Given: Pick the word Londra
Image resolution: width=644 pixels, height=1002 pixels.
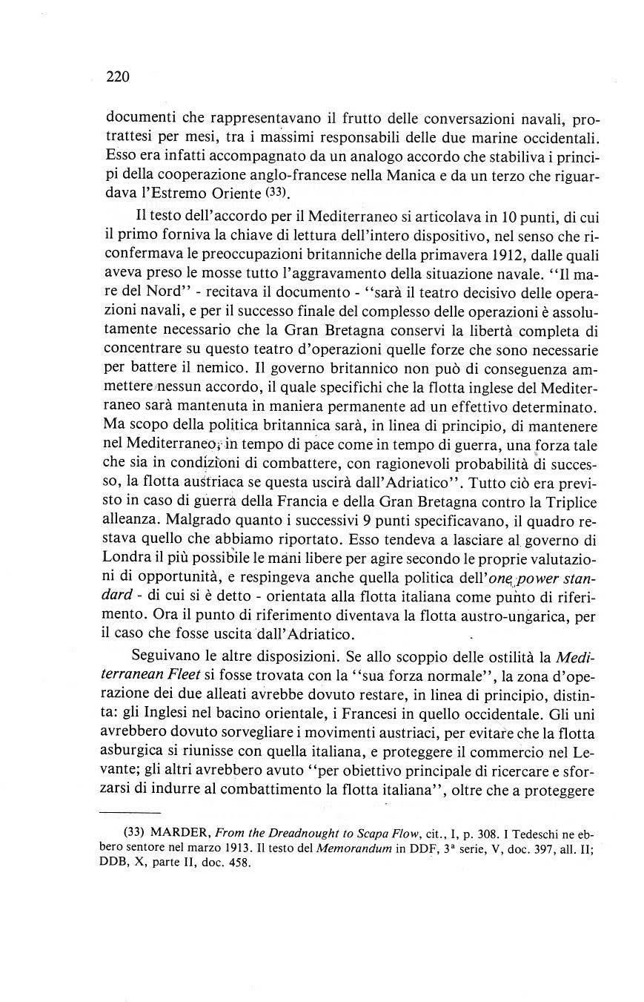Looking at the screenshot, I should [131, 556].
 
